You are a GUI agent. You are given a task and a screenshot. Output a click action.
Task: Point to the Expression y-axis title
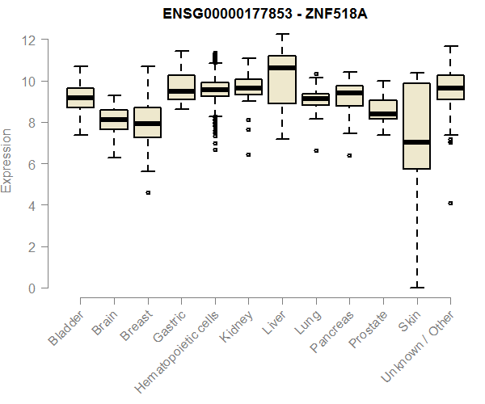tap(7, 159)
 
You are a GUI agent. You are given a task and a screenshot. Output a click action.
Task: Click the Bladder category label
tap(66, 328)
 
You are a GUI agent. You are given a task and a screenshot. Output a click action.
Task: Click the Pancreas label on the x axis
tap(331, 330)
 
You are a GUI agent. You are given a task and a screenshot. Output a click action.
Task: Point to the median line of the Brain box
tap(114, 120)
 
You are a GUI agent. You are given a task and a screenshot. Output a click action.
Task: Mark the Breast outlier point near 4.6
tap(148, 192)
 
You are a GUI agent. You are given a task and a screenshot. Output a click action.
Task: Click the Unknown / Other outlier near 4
tap(450, 203)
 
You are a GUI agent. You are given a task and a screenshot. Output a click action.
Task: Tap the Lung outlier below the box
tap(316, 150)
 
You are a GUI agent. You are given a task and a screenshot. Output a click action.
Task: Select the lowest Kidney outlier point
tap(248, 154)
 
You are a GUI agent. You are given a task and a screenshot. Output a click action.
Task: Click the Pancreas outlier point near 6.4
tap(349, 155)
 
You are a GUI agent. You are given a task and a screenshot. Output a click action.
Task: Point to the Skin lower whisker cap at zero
tap(416, 287)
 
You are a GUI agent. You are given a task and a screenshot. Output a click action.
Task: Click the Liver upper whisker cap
tap(282, 34)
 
